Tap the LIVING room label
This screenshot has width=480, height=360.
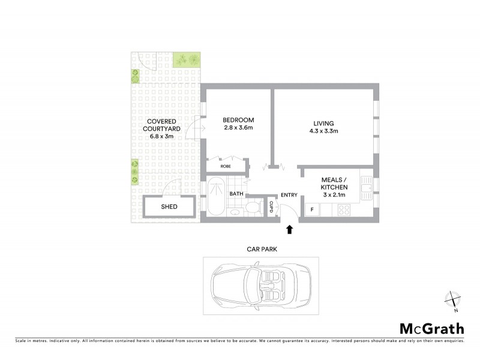pyautogui.click(x=324, y=123)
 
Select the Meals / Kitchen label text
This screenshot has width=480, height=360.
pyautogui.click(x=334, y=184)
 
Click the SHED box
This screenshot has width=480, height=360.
pyautogui.click(x=169, y=207)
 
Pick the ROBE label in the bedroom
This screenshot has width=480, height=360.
pyautogui.click(x=226, y=166)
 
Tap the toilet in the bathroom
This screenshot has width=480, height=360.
pyautogui.click(x=253, y=208)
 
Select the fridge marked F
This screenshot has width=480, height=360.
pyautogui.click(x=311, y=209)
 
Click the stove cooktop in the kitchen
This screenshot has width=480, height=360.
pyautogui.click(x=344, y=209)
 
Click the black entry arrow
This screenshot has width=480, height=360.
pyautogui.click(x=289, y=229)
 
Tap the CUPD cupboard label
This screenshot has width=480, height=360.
pyautogui.click(x=271, y=207)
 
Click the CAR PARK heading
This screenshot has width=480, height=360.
pyautogui.click(x=261, y=248)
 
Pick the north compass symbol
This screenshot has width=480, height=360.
pyautogui.click(x=453, y=299)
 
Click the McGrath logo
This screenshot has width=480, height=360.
pyautogui.click(x=431, y=328)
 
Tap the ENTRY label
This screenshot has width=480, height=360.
pyautogui.click(x=289, y=194)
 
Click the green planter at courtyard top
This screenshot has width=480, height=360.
pyautogui.click(x=187, y=59)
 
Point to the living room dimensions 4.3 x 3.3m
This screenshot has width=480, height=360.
pyautogui.click(x=324, y=131)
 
